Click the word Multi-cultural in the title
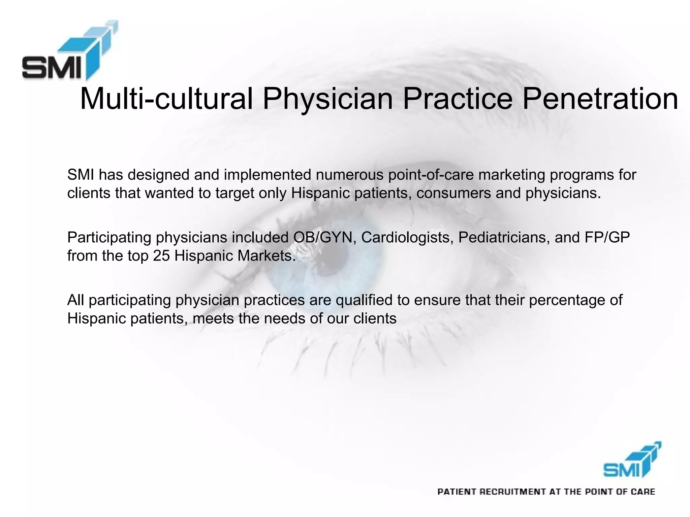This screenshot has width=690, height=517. [x=166, y=99]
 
